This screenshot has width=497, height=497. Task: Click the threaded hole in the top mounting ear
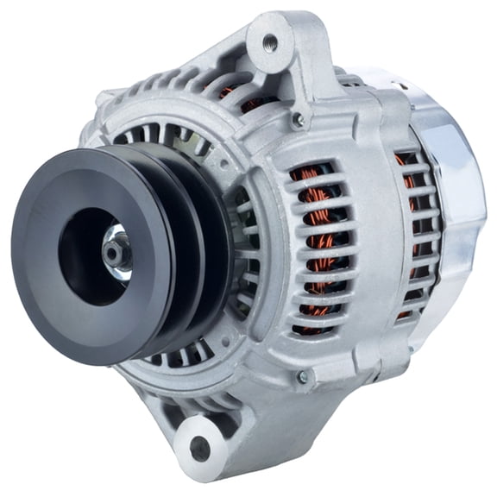pos(267,41)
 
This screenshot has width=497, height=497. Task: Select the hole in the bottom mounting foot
pos(200,447)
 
